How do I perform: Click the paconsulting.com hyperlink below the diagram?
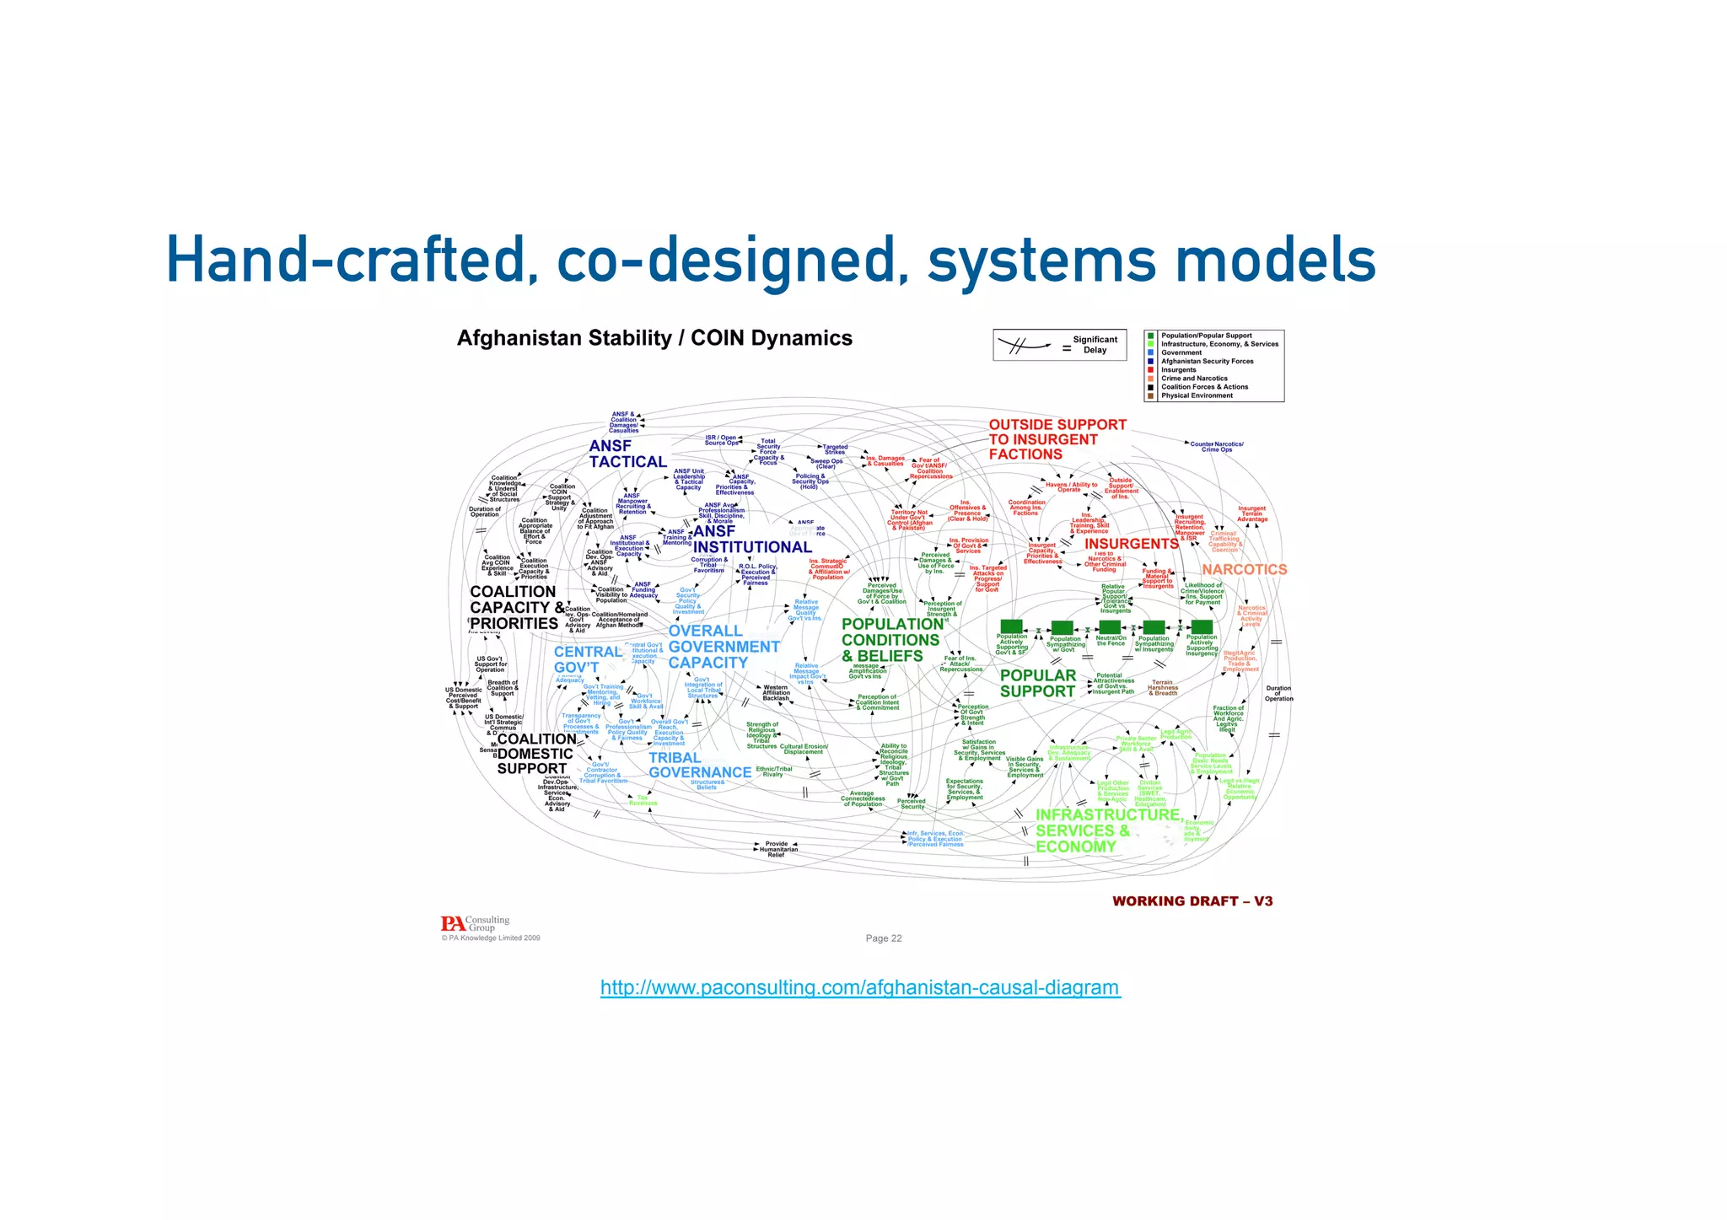[860, 987]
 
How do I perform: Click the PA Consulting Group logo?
[475, 924]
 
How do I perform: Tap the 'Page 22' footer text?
[883, 938]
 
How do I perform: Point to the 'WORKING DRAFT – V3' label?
[1192, 901]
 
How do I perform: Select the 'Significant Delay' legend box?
[1060, 345]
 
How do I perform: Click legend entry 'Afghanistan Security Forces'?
[1207, 361]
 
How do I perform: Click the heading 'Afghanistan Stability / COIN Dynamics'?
[654, 338]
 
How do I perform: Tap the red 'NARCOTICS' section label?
[1244, 570]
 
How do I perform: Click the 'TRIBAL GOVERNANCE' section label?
[699, 766]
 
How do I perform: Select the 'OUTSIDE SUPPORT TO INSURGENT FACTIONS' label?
[1057, 439]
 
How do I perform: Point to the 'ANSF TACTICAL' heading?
[627, 454]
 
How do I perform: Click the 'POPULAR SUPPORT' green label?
[1037, 684]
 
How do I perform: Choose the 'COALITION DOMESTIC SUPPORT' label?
[535, 754]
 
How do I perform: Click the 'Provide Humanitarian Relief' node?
[776, 849]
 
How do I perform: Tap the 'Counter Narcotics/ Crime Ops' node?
[1216, 447]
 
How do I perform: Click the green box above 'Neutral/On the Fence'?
[1109, 627]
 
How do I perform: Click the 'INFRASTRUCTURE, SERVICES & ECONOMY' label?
[1106, 830]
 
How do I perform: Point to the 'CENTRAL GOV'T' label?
[587, 659]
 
